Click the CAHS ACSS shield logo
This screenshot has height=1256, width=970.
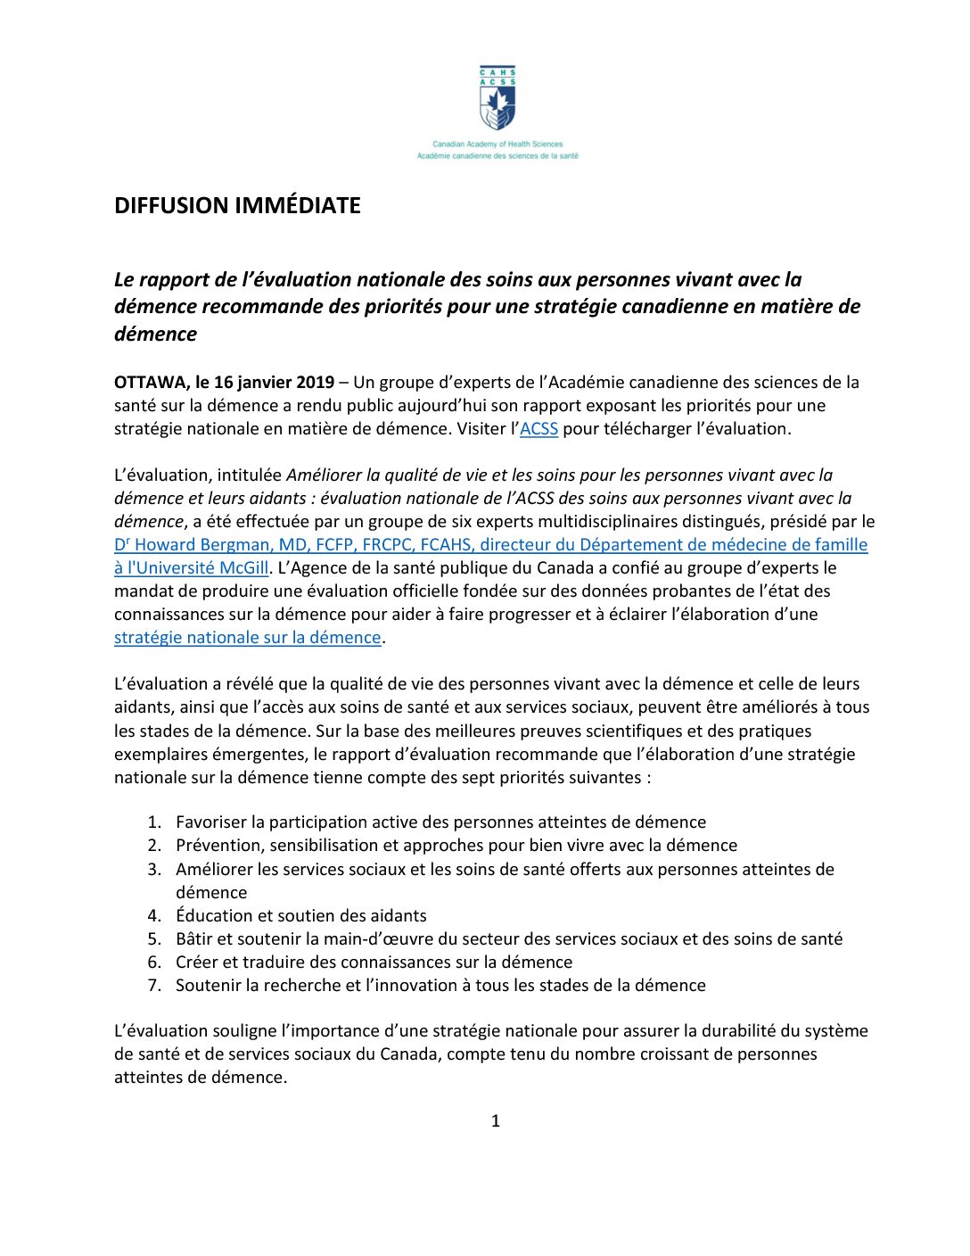(497, 99)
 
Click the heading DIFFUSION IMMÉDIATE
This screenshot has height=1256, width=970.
(237, 205)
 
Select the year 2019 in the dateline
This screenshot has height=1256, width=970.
(315, 382)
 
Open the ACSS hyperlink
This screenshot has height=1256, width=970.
(538, 428)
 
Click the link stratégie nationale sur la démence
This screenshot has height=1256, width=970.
(248, 637)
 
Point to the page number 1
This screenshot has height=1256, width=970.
(496, 1120)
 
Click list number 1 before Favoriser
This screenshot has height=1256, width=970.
(153, 822)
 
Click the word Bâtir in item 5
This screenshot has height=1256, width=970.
(195, 938)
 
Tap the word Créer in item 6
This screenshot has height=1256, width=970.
(197, 962)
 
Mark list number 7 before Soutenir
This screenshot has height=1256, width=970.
(153, 985)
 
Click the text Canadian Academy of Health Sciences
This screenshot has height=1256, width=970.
(497, 144)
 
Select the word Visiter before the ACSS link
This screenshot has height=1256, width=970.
(482, 428)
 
